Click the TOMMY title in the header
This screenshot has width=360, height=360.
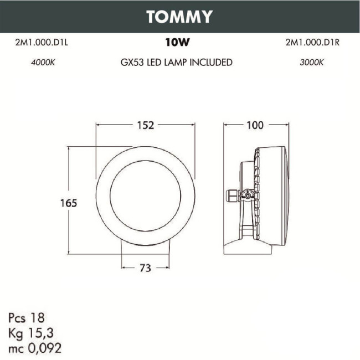click(179, 17)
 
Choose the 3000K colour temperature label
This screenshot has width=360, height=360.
click(311, 63)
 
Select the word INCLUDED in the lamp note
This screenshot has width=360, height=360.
click(211, 63)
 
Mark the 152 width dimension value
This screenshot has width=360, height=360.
click(145, 125)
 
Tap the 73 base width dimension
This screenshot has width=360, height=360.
click(145, 268)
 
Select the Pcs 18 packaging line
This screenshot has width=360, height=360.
click(26, 318)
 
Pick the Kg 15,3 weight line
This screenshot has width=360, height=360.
click(31, 333)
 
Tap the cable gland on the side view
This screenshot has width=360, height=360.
click(231, 195)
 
